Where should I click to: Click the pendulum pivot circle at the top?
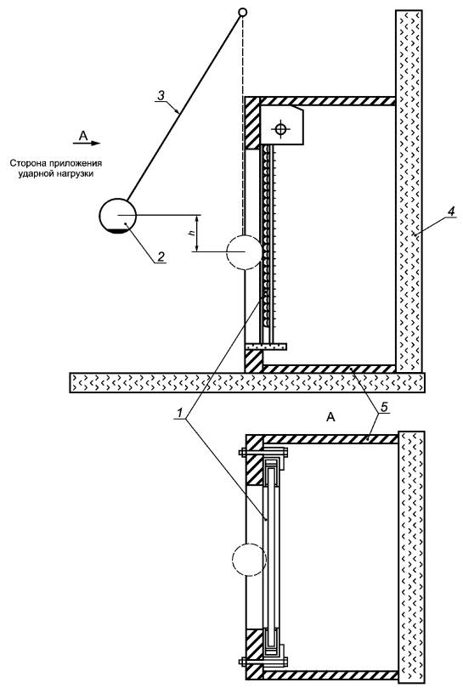click(x=242, y=12)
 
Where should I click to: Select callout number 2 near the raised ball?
click(x=161, y=257)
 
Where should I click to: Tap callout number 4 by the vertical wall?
click(x=451, y=211)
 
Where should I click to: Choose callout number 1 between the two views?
click(x=179, y=413)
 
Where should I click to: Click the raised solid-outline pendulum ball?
click(x=118, y=216)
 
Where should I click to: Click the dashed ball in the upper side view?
click(x=244, y=252)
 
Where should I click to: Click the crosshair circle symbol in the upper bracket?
click(x=280, y=128)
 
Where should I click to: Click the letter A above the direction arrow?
click(x=83, y=136)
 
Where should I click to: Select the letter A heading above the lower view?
click(x=330, y=417)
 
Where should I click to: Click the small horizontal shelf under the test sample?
click(x=266, y=347)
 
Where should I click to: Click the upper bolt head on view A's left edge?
click(x=242, y=453)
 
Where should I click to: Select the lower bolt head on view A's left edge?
click(x=242, y=661)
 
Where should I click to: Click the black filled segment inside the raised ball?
click(x=117, y=231)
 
